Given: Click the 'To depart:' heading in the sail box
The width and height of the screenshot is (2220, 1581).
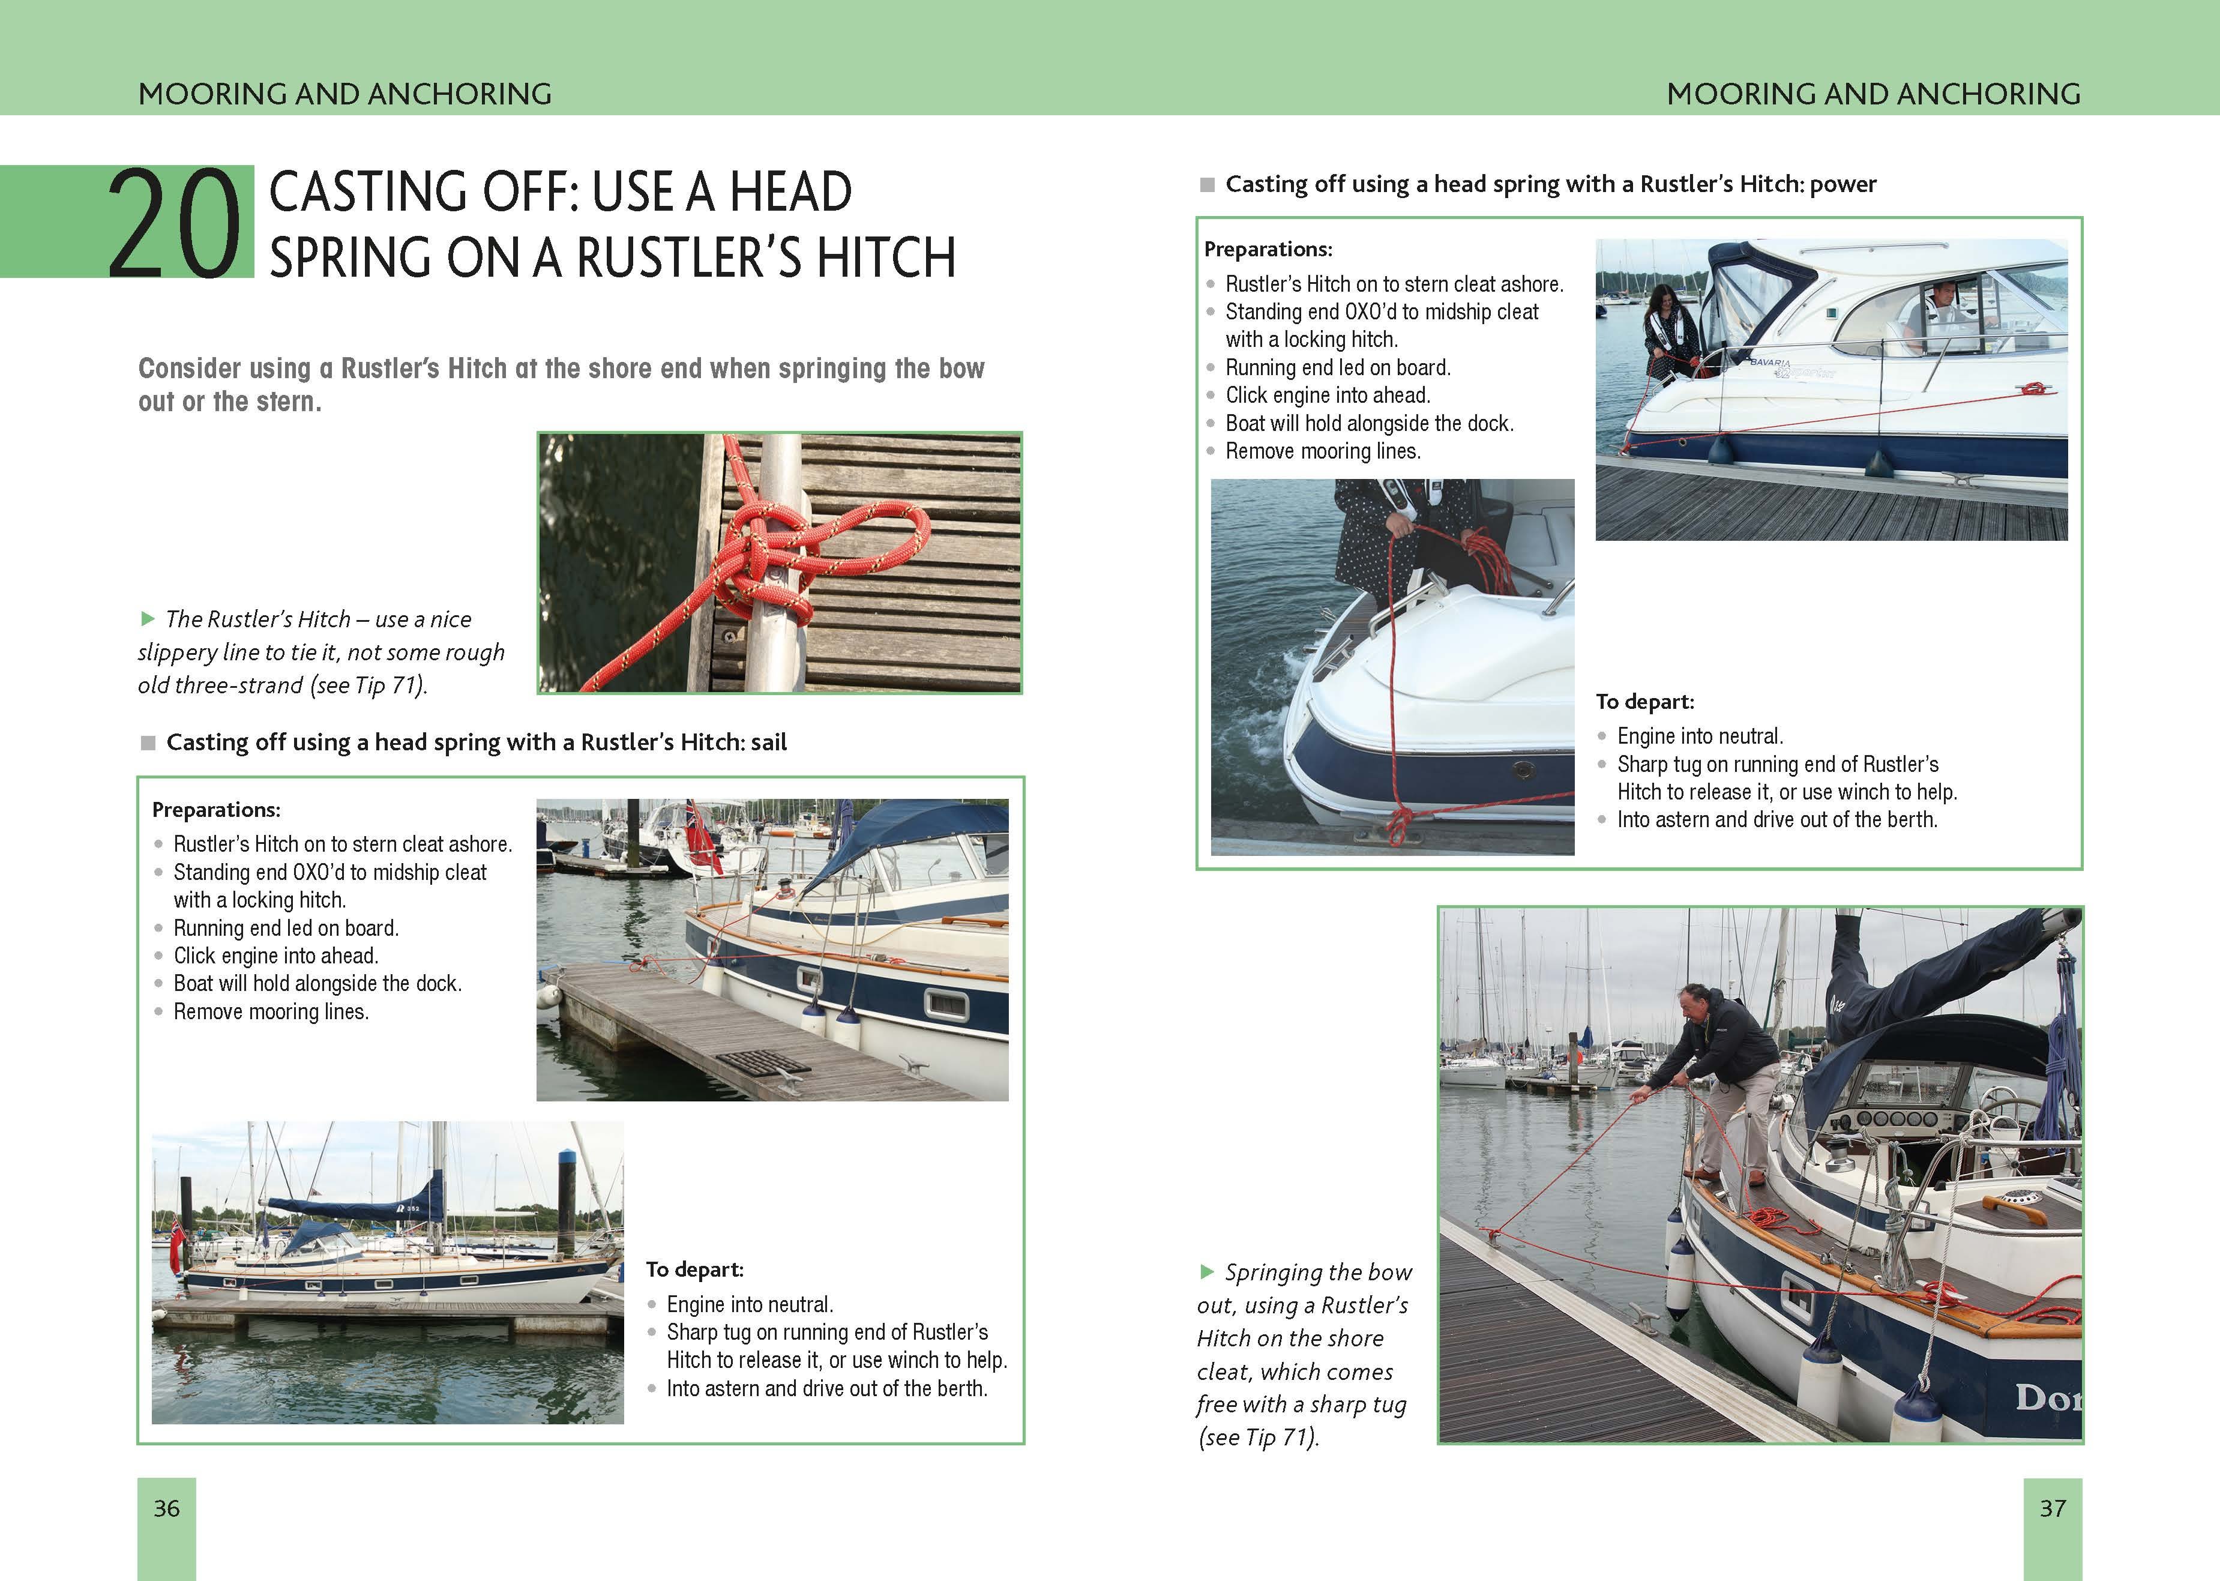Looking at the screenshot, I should tap(694, 1269).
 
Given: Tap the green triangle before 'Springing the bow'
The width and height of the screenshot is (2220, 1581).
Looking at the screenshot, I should tap(1207, 1271).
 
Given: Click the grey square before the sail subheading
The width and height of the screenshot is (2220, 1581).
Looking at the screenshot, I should tap(148, 743).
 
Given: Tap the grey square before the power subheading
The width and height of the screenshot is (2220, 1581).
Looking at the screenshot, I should tap(1207, 184).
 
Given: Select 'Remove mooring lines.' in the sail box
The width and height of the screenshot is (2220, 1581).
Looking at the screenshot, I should tap(271, 1011).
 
